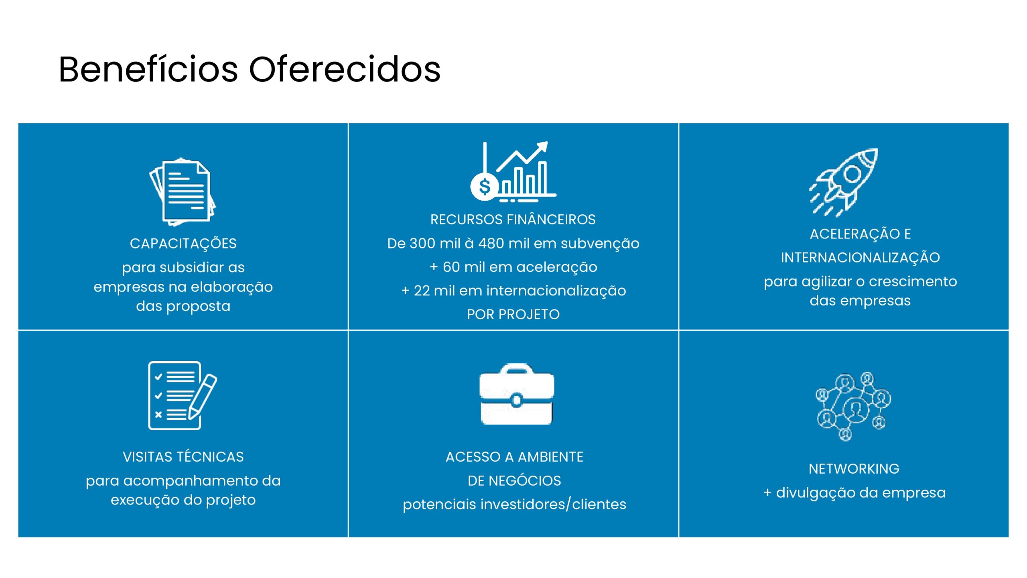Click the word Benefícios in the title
[x=148, y=69]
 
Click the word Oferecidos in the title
[x=345, y=69]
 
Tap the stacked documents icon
[x=183, y=192]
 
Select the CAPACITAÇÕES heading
[x=183, y=244]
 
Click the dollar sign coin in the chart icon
[x=485, y=187]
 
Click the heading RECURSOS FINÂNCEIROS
[x=513, y=220]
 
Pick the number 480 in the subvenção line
[x=491, y=243]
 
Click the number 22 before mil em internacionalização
[x=422, y=291]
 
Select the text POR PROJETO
[x=513, y=314]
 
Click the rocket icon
[x=844, y=183]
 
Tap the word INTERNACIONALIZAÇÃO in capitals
[x=860, y=258]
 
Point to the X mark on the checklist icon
[x=158, y=415]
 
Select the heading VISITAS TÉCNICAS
[x=183, y=457]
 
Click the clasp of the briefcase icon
[x=517, y=400]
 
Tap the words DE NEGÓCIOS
[x=514, y=480]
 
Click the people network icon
[x=853, y=406]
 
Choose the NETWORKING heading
[x=854, y=469]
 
